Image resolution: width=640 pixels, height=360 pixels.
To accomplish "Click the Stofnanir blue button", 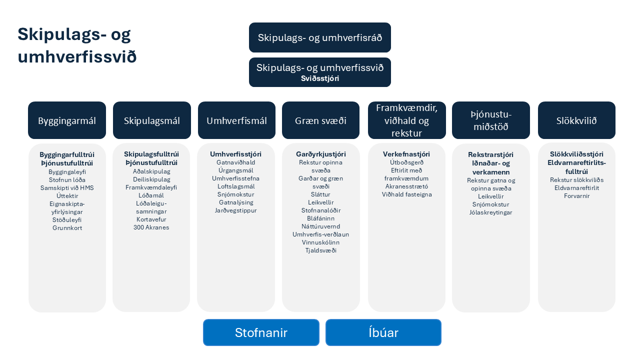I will (x=261, y=332).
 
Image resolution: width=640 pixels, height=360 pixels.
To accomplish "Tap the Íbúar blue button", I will (x=383, y=332).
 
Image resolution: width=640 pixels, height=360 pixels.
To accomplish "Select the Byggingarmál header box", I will (x=67, y=120).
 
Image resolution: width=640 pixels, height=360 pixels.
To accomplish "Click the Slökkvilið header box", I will (x=576, y=120).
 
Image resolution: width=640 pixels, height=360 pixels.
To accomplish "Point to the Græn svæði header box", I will (x=320, y=120).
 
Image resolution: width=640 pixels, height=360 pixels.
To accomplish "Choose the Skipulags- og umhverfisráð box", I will (x=320, y=37).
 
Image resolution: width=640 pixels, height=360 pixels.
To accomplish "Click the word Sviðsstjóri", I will (x=320, y=78).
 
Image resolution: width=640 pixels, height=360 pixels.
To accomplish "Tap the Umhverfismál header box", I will (x=236, y=120).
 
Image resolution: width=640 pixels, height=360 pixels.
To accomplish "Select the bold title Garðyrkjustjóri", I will (x=320, y=154).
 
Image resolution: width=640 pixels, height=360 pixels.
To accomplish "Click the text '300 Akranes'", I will (x=151, y=227).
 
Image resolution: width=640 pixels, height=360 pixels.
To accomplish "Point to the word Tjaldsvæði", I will (x=320, y=250).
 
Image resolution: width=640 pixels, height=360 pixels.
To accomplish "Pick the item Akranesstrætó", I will (x=406, y=186).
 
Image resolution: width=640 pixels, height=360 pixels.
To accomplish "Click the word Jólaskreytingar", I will (x=490, y=212).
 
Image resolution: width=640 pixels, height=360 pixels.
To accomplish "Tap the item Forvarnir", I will (x=576, y=196).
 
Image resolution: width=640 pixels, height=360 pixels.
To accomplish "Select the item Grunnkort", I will (x=67, y=228).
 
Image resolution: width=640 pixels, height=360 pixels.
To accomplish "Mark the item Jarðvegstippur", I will (x=235, y=210).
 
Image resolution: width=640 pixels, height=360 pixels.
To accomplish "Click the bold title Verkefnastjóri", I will (x=406, y=154).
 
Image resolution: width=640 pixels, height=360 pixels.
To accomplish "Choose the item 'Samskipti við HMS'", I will (x=67, y=188).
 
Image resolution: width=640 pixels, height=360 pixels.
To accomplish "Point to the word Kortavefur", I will (x=151, y=219).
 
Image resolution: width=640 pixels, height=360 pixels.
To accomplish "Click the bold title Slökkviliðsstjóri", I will (x=576, y=154).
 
